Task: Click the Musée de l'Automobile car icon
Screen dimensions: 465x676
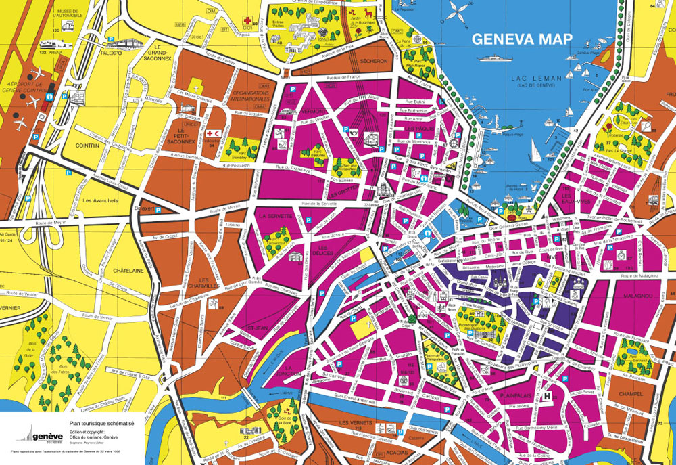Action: point(68,24)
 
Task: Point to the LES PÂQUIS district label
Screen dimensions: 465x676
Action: point(419,128)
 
